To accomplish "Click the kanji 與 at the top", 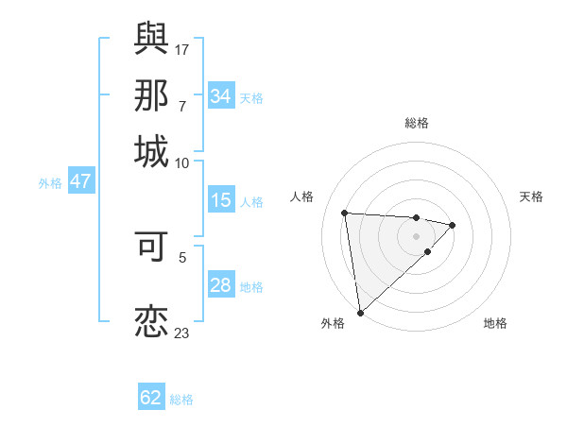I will (151, 38).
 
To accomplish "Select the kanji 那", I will (151, 95).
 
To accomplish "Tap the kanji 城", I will (151, 151).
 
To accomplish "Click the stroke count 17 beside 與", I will (182, 49).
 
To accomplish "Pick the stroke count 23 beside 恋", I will (182, 333).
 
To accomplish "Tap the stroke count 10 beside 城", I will (182, 162).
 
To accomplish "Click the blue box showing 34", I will (220, 96).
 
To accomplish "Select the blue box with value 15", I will (220, 200).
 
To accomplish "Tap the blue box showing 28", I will (220, 285).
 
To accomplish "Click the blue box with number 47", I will (80, 181).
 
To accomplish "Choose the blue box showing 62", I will (151, 398).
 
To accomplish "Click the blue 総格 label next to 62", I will (181, 400).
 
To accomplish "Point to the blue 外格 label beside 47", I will (50, 183).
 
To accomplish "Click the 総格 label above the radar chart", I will (416, 123).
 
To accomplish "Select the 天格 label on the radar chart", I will (531, 196).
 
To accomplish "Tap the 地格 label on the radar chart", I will (495, 323).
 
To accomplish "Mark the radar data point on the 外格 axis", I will (360, 312).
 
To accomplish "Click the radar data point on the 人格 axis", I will (345, 212).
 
